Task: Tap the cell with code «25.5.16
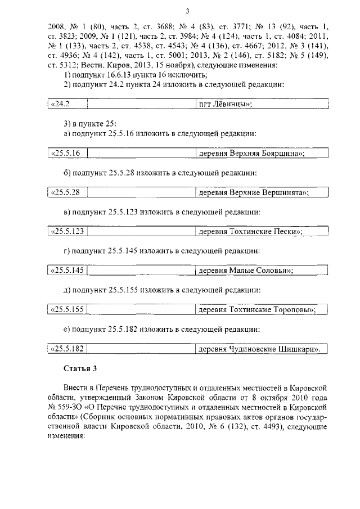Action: pyautogui.click(x=66, y=153)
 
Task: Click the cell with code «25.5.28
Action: pyautogui.click(x=66, y=192)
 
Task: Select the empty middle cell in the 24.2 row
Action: pyautogui.click(x=141, y=104)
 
